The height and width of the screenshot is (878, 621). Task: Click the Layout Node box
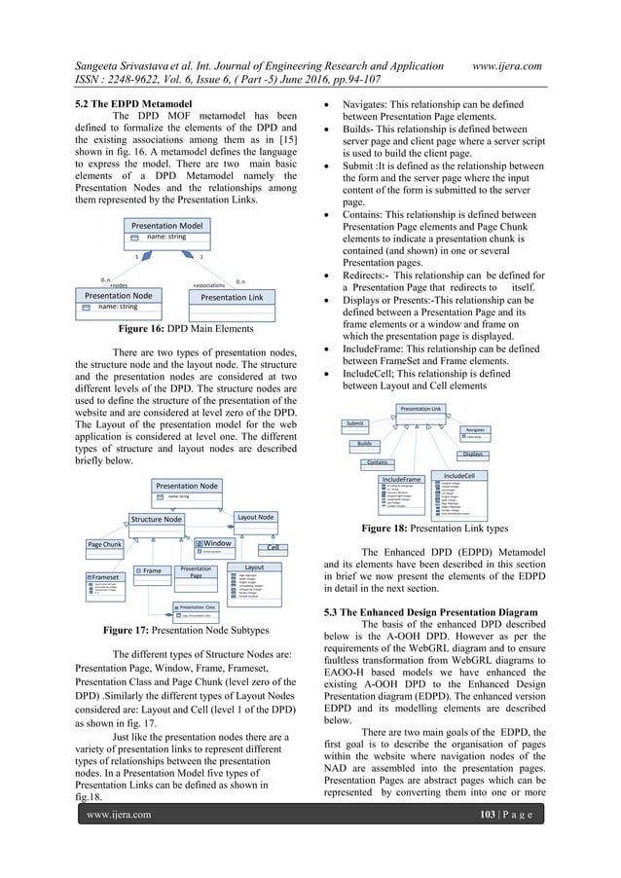point(259,517)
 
